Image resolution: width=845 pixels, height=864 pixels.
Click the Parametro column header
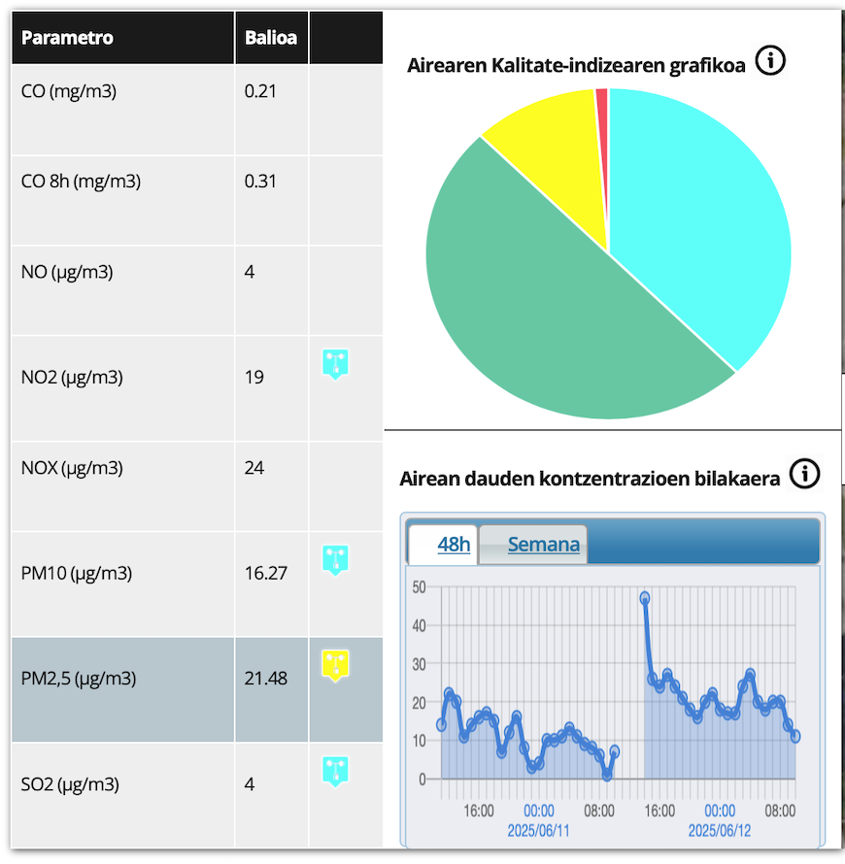67,38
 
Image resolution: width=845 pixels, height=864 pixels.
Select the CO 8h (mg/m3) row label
81,181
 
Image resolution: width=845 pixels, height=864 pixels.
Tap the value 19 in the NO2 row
254,377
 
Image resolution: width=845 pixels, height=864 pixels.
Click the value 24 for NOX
254,468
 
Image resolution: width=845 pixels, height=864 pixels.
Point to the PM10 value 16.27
266,573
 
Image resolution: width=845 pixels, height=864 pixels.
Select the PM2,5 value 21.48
266,678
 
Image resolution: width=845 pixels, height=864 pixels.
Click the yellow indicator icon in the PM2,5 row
335,665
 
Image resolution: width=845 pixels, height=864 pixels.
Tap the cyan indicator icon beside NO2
335,364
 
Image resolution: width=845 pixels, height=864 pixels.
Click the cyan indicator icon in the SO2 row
335,771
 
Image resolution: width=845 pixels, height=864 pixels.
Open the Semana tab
543,545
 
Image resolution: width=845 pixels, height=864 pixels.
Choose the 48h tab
454,545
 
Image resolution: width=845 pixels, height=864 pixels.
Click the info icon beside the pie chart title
770,62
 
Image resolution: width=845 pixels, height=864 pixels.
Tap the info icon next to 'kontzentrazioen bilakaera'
804,474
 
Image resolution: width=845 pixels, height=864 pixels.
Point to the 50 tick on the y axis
419,586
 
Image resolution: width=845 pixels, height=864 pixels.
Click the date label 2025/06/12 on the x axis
720,831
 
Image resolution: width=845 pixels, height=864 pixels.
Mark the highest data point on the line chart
644,598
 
